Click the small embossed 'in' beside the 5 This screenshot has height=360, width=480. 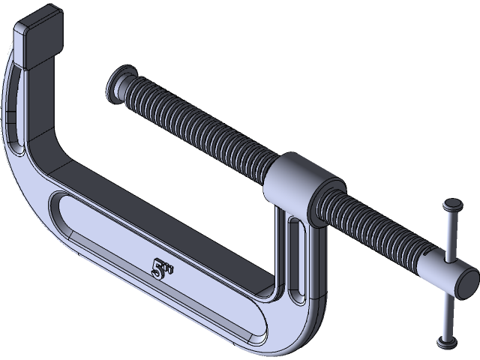[168, 263]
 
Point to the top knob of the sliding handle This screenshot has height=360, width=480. [453, 205]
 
